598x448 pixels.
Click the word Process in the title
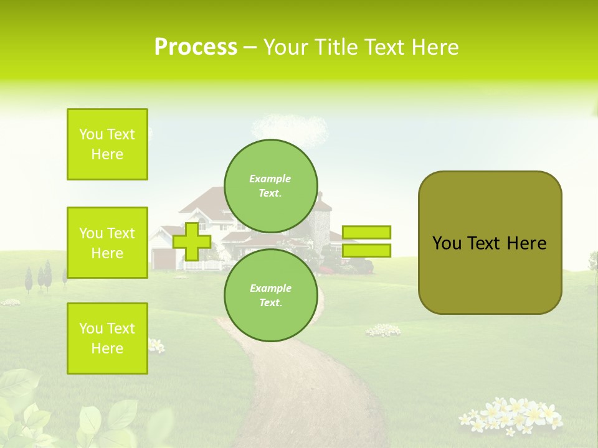tap(196, 47)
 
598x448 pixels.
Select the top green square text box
tap(107, 144)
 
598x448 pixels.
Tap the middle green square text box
tap(107, 243)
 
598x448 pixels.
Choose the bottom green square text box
tap(107, 338)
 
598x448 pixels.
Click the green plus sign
tap(192, 241)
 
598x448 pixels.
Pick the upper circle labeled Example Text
tap(270, 185)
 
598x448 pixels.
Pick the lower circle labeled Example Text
tap(270, 295)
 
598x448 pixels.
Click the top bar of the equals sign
tap(366, 232)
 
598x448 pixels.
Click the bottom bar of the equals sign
tap(366, 250)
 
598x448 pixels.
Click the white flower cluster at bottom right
tap(511, 416)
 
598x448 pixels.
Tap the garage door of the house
tap(163, 258)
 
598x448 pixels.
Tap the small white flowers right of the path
tap(382, 330)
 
